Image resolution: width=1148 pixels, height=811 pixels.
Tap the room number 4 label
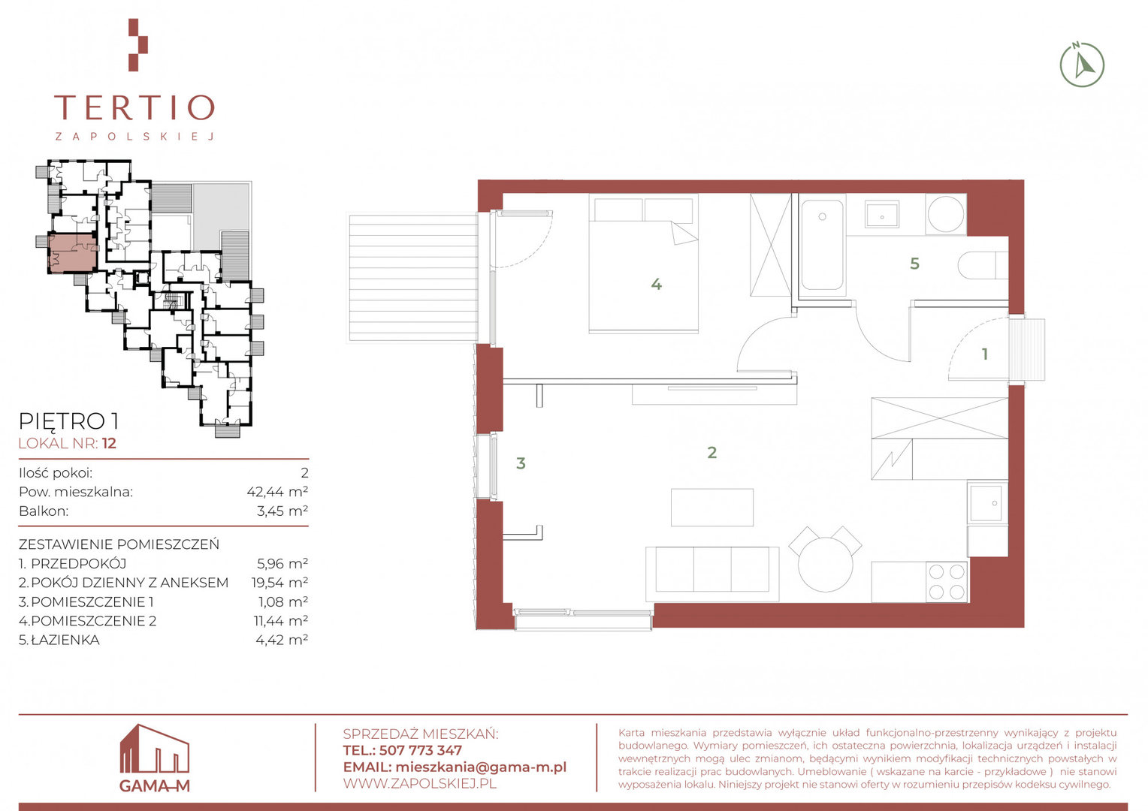click(x=656, y=285)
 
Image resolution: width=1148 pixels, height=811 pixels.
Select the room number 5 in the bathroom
click(x=914, y=264)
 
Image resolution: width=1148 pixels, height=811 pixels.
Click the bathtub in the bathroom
click(x=822, y=245)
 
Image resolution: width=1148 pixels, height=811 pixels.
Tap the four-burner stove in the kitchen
click(x=947, y=581)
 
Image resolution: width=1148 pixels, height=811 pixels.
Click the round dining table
click(x=825, y=565)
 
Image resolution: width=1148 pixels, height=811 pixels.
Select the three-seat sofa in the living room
click(x=711, y=574)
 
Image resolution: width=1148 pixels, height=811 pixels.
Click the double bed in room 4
click(x=643, y=264)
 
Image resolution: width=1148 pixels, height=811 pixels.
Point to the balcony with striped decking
click(x=413, y=279)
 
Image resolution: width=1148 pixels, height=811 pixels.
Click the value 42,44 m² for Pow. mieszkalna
click(x=277, y=492)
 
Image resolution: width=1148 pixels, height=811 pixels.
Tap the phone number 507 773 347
click(x=420, y=750)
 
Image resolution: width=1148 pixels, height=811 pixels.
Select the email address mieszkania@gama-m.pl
click(x=481, y=767)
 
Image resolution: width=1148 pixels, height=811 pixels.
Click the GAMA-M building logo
click(x=154, y=758)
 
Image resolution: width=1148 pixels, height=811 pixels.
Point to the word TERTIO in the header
click(x=134, y=107)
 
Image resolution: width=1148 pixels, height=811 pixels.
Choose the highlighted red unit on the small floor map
click(x=72, y=253)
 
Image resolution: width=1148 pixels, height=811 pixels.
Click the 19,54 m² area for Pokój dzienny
click(x=279, y=583)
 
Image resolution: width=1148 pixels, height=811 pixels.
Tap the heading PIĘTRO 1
click(x=68, y=421)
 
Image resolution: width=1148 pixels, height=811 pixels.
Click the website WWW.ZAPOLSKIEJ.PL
click(x=420, y=784)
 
